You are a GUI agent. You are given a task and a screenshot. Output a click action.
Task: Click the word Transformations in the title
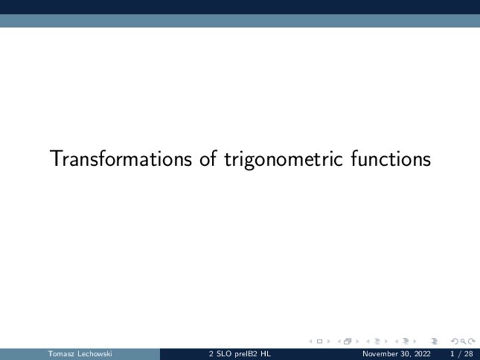[121, 158]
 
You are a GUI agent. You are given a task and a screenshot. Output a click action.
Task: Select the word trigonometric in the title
[284, 160]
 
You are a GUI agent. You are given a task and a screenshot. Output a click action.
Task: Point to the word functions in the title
[391, 158]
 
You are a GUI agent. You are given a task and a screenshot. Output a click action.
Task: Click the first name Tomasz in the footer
[61, 354]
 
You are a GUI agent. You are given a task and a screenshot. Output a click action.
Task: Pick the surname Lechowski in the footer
[95, 354]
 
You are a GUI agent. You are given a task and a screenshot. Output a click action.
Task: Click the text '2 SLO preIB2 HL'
[240, 354]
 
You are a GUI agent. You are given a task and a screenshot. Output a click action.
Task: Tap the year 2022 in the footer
[422, 354]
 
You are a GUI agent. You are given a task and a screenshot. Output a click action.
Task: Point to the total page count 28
[468, 354]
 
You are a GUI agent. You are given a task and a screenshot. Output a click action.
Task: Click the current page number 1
[452, 354]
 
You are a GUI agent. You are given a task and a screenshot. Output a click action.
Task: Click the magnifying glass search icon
[463, 341]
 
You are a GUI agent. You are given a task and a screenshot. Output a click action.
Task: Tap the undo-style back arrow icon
[455, 341]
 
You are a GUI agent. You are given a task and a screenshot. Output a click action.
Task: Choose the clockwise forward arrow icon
[472, 341]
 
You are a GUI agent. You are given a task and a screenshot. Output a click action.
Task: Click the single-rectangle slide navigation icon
[319, 341]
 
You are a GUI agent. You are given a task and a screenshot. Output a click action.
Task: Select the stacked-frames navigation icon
[348, 341]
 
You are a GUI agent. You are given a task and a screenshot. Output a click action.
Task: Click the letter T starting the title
[55, 158]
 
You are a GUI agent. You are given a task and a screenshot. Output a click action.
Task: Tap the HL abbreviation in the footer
[266, 354]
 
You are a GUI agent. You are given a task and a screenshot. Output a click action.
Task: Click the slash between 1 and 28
[459, 354]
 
